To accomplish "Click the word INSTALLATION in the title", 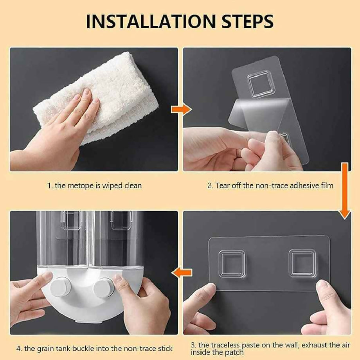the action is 151,22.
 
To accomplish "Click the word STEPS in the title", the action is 247,22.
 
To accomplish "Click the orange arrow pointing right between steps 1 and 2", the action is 181,109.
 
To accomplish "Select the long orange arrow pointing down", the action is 345,191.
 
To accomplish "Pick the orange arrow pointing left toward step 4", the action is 182,272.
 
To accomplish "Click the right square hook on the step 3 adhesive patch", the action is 302,263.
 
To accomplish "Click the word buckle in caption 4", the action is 83,349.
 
